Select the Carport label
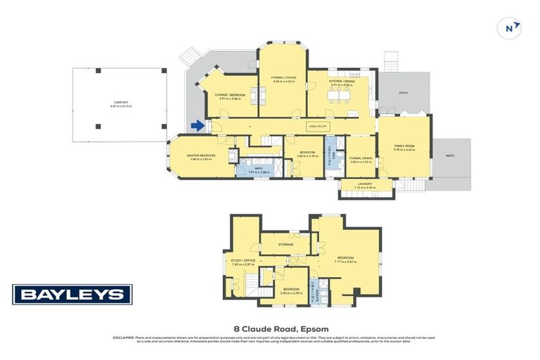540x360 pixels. click(120, 102)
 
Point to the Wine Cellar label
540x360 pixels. click(318, 126)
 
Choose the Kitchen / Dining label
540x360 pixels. click(340, 81)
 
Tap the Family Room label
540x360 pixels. click(404, 146)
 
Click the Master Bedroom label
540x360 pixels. click(200, 155)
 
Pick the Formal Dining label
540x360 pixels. click(361, 158)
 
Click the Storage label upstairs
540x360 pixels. click(285, 244)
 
